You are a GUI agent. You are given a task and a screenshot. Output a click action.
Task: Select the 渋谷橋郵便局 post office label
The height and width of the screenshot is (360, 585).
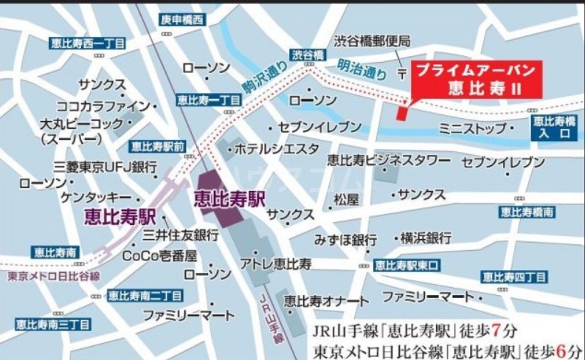(x=372, y=41)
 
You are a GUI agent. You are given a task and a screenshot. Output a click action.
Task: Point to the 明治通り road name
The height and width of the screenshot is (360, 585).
(x=361, y=69)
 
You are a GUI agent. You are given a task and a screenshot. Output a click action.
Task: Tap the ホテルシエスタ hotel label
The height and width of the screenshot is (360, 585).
(x=276, y=149)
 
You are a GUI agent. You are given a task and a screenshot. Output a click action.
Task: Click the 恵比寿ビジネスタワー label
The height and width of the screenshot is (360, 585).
(x=388, y=160)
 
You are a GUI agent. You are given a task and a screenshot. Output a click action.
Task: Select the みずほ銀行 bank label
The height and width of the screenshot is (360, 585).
(x=345, y=240)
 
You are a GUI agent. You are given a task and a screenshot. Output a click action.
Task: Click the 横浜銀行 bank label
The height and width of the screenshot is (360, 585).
(x=426, y=238)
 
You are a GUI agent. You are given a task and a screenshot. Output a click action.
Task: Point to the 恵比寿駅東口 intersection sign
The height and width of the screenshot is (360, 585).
(x=406, y=264)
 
